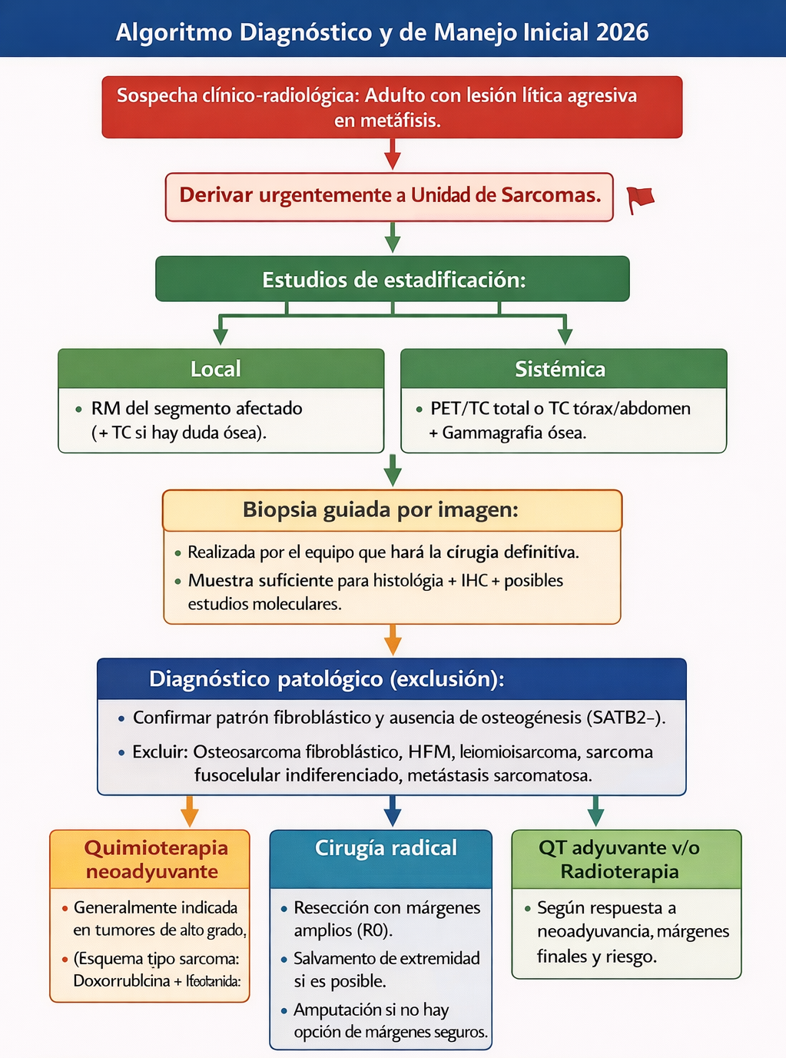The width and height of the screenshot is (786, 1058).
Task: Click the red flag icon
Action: click(x=639, y=199)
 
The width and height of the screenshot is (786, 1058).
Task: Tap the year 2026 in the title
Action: click(x=622, y=32)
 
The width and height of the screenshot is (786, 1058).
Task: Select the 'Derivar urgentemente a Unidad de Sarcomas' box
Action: click(x=390, y=197)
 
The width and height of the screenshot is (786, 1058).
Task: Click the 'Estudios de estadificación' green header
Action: click(x=393, y=279)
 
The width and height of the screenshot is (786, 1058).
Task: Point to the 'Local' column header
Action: click(x=216, y=369)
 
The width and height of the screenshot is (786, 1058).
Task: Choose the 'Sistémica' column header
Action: click(x=560, y=370)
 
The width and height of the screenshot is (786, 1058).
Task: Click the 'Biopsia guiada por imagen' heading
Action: click(x=380, y=510)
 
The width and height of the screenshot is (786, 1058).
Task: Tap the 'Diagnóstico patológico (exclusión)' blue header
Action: click(x=327, y=679)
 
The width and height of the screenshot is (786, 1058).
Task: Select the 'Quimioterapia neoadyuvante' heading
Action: click(x=156, y=859)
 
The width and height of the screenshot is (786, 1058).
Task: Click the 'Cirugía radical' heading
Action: click(x=386, y=848)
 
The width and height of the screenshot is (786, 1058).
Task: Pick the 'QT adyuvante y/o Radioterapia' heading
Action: click(x=619, y=859)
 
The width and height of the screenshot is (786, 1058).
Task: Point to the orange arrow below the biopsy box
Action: click(x=393, y=639)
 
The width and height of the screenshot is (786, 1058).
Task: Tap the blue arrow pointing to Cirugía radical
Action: click(x=392, y=811)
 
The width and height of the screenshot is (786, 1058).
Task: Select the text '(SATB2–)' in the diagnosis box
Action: click(x=625, y=718)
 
